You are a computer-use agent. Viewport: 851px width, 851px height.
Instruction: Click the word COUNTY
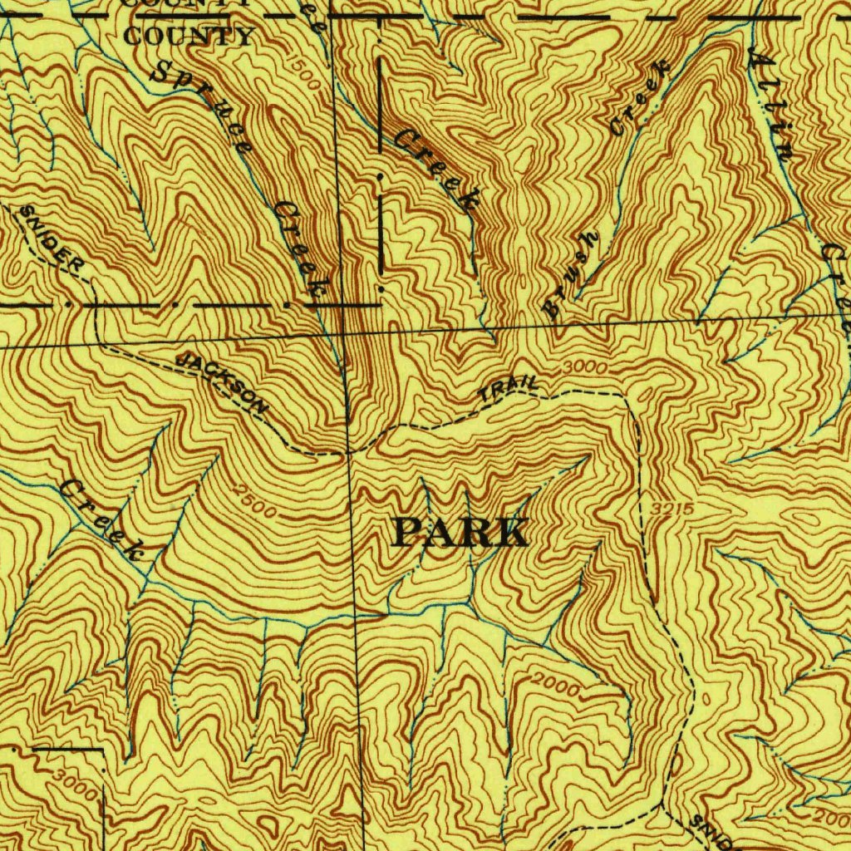pos(189,37)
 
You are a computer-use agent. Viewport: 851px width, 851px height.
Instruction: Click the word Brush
pos(571,274)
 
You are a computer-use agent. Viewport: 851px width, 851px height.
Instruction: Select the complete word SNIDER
pos(52,240)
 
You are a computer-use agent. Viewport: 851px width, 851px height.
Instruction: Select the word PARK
pos(460,533)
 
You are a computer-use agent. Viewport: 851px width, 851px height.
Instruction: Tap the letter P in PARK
pos(407,533)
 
